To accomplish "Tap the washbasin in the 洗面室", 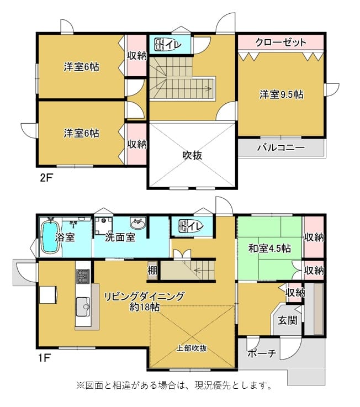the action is point(137,223).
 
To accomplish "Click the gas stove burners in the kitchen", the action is point(83,277).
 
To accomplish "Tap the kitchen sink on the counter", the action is point(83,306).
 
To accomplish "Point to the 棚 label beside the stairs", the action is point(152,271).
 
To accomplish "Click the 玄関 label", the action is point(287,320).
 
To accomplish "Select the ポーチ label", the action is point(262,353).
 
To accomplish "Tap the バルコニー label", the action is point(281,147).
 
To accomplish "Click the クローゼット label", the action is point(281,42).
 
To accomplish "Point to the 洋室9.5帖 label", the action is point(282,94).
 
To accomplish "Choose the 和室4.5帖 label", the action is point(269,249).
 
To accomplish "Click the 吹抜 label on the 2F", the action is point(192,155).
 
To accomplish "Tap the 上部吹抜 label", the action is point(192,348).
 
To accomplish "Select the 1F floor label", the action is point(44,358).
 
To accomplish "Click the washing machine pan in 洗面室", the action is point(103,225).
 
